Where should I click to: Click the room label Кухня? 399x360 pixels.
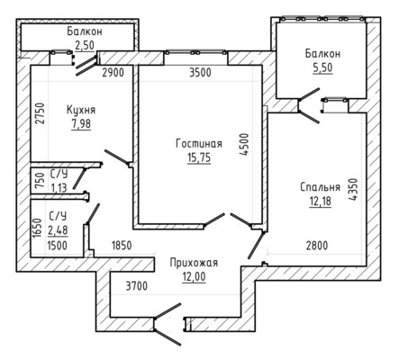click(x=81, y=110)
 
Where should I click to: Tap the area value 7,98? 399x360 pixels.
click(x=81, y=123)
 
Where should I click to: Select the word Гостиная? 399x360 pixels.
click(x=199, y=144)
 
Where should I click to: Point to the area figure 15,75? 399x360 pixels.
click(x=199, y=157)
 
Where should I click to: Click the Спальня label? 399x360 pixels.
click(x=321, y=187)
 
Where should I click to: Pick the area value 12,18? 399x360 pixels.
click(x=321, y=201)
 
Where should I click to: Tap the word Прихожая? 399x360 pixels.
click(x=194, y=263)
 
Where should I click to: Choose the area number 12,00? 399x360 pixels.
click(x=194, y=276)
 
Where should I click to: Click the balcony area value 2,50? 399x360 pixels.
click(x=85, y=45)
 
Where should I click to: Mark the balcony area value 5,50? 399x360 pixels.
click(x=323, y=67)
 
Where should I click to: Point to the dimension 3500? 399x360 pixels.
click(x=200, y=73)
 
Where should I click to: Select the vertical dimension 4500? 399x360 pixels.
click(x=245, y=144)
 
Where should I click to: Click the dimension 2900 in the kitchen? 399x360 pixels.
click(x=113, y=73)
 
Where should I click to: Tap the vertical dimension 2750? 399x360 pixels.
click(x=40, y=113)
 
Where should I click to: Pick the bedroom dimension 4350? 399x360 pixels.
click(x=354, y=189)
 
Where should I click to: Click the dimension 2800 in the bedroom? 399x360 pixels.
click(x=317, y=246)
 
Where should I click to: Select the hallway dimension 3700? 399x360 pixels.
click(x=137, y=286)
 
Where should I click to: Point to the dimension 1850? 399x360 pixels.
click(x=122, y=246)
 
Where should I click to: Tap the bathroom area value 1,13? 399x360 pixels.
click(x=59, y=188)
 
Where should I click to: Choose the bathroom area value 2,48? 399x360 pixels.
click(x=58, y=230)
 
